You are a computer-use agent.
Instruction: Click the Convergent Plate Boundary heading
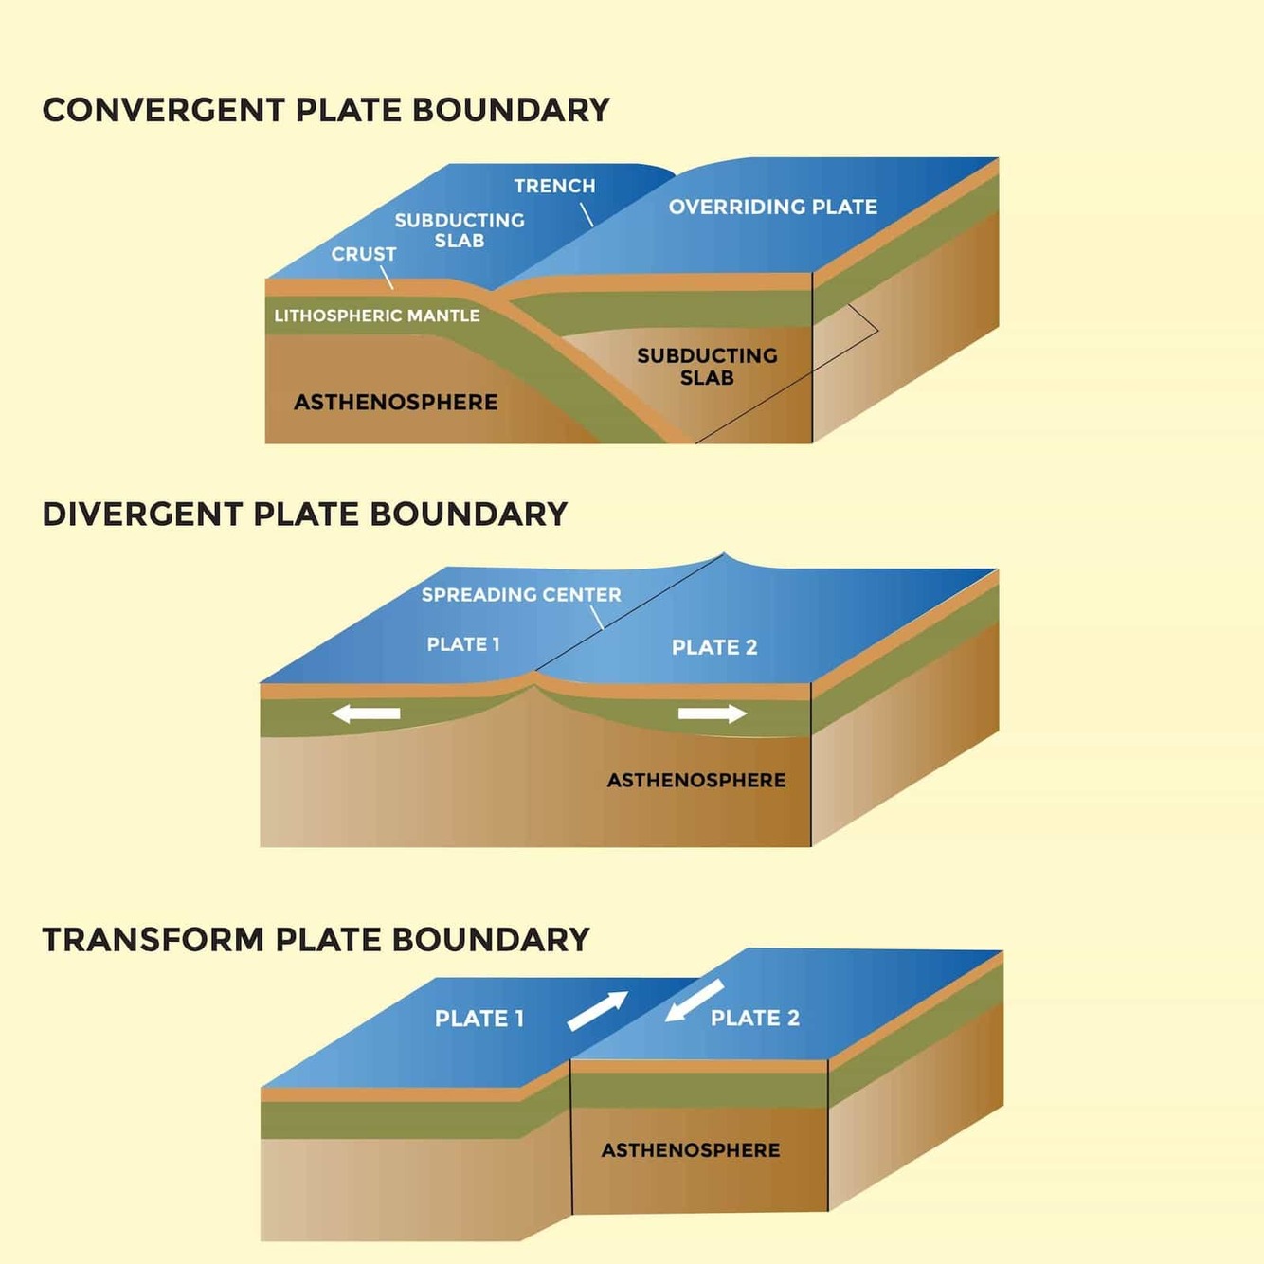tap(326, 110)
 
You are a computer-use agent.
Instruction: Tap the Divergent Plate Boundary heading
tap(304, 515)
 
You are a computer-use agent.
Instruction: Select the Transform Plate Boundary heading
tap(316, 940)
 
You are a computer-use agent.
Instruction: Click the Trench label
tap(554, 186)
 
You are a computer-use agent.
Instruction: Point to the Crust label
tap(363, 254)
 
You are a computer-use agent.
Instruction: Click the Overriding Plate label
tap(772, 207)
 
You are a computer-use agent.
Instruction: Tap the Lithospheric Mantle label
tap(376, 316)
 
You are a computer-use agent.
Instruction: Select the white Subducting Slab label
tap(460, 230)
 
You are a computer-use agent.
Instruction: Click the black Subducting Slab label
tap(707, 367)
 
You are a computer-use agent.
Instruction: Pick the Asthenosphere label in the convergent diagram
tap(395, 402)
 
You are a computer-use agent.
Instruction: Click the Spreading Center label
tap(521, 595)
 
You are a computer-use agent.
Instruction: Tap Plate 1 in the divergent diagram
tap(462, 644)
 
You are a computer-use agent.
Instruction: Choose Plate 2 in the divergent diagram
tap(714, 647)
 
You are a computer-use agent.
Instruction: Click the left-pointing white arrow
tap(366, 713)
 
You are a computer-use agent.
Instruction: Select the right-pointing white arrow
tap(713, 713)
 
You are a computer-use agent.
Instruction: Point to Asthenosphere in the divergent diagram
tap(696, 780)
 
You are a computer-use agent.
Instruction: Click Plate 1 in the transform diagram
tap(479, 1019)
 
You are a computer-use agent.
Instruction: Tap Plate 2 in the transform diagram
tap(754, 1018)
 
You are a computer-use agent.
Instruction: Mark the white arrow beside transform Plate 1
tap(598, 1010)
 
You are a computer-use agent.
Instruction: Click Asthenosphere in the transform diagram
tap(691, 1150)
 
